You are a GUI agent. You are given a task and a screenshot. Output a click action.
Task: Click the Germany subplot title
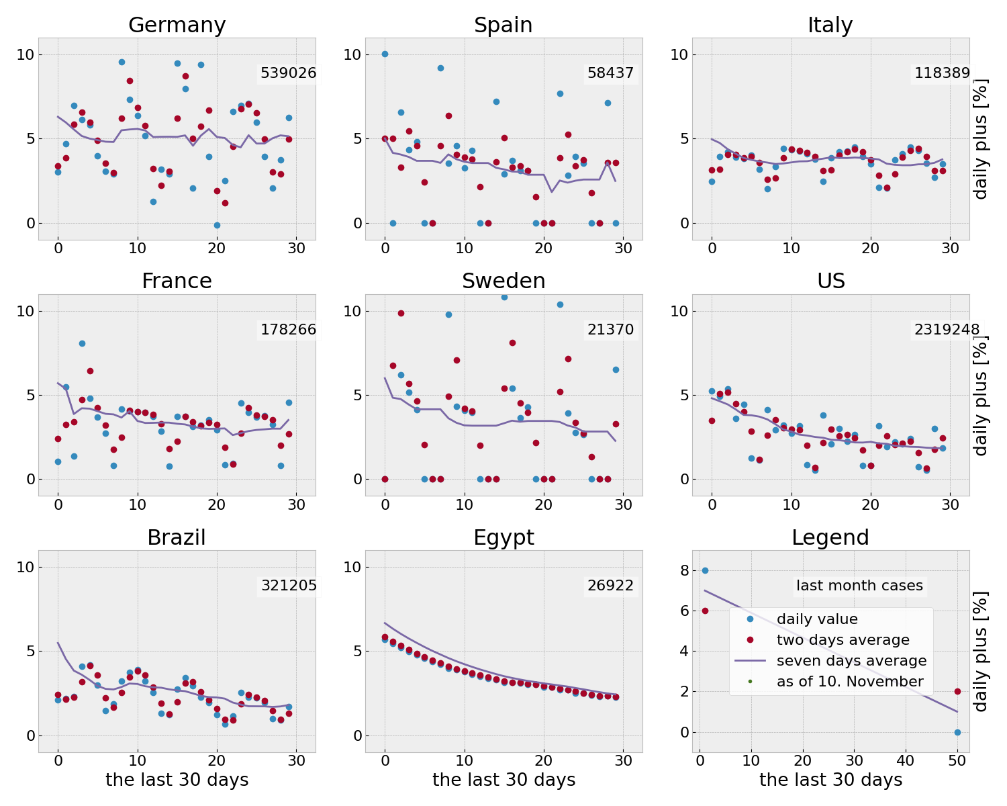pos(177,26)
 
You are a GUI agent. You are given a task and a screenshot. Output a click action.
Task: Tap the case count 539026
pos(288,73)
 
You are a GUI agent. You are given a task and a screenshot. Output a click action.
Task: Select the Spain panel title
pos(503,26)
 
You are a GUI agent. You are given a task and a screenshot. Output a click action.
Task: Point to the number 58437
pos(610,73)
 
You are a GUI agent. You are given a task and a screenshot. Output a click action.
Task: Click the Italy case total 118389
pos(942,73)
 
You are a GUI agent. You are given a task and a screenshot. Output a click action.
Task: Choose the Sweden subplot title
pos(503,281)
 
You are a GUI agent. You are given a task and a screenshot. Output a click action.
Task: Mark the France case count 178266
pos(288,330)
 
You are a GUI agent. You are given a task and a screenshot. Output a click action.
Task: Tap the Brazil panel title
pos(177,538)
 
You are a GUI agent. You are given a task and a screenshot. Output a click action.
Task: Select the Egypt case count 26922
pos(610,586)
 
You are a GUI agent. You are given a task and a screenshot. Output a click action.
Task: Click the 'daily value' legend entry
pos(817,619)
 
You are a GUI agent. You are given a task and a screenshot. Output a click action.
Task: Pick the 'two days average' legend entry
pos(843,640)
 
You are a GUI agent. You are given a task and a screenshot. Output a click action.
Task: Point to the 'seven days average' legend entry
pos(851,661)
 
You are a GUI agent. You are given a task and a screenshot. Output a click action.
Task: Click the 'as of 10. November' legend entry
pos(850,682)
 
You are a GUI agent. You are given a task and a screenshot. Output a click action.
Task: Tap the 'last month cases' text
pos(859,586)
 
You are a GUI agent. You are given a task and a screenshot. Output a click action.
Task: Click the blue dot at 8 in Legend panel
pos(705,570)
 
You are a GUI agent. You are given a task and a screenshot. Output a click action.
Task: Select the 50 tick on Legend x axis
pos(957,760)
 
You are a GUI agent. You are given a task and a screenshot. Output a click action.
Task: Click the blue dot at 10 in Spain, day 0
pos(385,54)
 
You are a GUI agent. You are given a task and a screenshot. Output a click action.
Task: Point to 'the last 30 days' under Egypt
pos(503,780)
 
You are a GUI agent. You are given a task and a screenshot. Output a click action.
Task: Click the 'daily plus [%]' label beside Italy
pos(981,139)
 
